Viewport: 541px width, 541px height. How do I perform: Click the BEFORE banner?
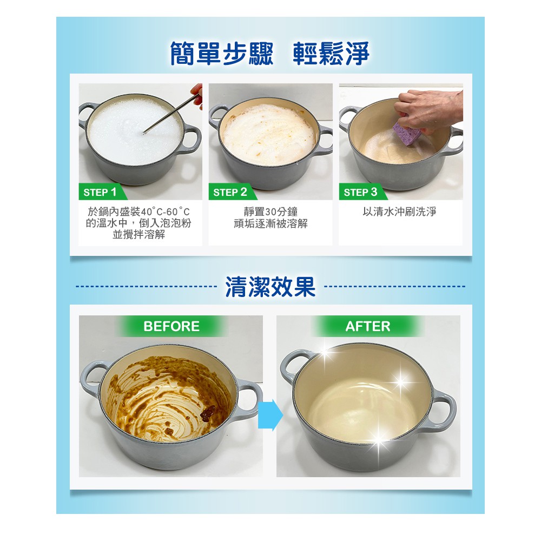pos(171,326)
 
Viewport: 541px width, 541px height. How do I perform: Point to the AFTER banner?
pos(368,326)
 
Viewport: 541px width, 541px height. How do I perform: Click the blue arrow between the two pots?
pos(270,415)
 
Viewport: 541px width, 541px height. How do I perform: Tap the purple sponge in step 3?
pos(408,134)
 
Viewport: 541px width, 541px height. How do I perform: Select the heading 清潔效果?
pos(270,287)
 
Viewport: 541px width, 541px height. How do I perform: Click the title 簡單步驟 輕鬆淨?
pos(270,54)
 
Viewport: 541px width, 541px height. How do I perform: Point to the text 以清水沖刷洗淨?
pos(400,212)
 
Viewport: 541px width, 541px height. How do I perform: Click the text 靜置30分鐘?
pos(270,212)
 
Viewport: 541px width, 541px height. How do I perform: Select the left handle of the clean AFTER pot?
pos(291,366)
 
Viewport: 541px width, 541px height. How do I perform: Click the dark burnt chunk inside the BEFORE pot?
pos(208,413)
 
